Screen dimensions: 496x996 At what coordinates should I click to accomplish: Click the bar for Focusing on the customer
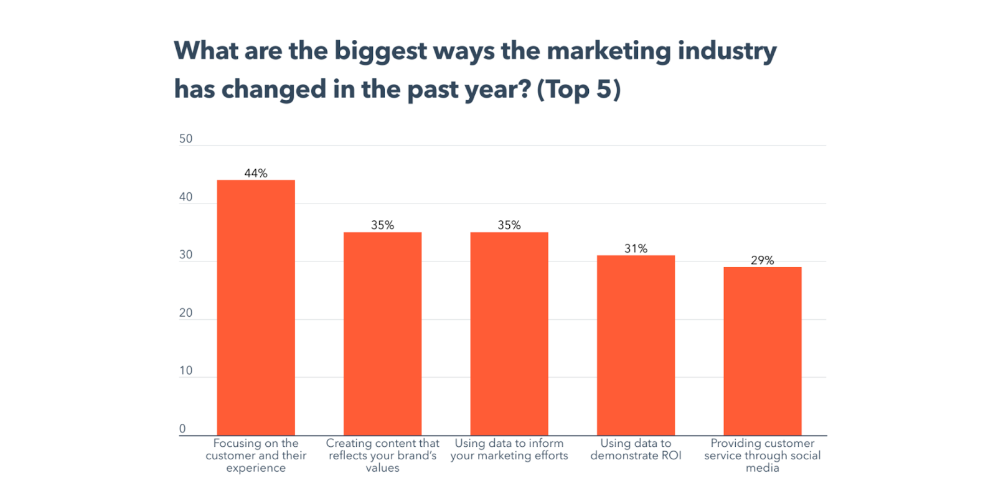click(x=256, y=307)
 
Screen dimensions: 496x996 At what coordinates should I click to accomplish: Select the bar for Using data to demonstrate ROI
click(x=636, y=345)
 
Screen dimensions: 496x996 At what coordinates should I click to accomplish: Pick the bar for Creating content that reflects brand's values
click(x=382, y=334)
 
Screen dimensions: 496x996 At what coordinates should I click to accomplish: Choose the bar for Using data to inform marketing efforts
click(x=509, y=334)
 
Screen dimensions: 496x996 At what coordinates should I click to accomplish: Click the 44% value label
click(x=256, y=173)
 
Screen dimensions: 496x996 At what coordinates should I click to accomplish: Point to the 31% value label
click(x=636, y=248)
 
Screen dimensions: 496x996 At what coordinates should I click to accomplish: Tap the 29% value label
click(x=762, y=260)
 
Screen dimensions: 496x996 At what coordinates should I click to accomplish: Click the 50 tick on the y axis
click(x=186, y=139)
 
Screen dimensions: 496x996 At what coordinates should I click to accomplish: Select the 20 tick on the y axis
click(x=186, y=312)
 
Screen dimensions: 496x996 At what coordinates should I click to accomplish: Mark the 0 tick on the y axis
click(x=182, y=428)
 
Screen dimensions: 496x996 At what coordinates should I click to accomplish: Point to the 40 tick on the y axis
click(x=186, y=197)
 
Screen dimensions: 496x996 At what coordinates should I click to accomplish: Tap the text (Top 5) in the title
click(x=579, y=90)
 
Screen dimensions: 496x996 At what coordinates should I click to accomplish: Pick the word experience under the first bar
click(x=256, y=468)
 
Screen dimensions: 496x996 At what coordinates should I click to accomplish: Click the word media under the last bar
click(x=762, y=468)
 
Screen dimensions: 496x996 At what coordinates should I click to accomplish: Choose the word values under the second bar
click(x=382, y=468)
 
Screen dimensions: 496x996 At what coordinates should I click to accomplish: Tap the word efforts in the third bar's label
click(x=550, y=456)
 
